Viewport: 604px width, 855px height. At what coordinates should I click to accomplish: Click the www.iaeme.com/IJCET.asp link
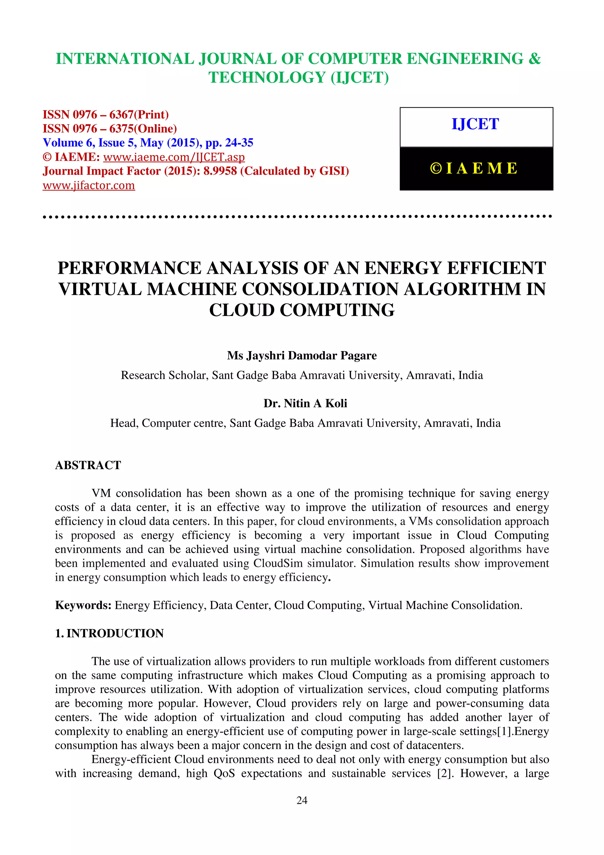click(174, 157)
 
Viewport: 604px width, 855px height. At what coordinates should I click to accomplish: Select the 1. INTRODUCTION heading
click(109, 633)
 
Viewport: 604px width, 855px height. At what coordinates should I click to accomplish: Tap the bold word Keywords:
click(83, 605)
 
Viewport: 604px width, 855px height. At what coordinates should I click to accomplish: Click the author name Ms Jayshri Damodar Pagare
click(302, 356)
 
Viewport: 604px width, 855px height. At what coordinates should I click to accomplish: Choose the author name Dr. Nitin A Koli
click(305, 403)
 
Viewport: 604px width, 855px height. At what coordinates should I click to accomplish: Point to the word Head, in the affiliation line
click(124, 423)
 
